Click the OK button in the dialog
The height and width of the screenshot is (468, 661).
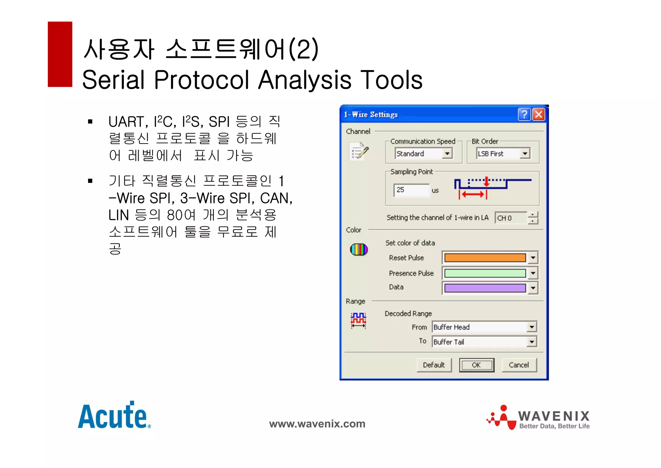pyautogui.click(x=476, y=365)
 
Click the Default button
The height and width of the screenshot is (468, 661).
pyautogui.click(x=434, y=365)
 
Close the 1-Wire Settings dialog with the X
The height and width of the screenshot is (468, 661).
pyautogui.click(x=539, y=114)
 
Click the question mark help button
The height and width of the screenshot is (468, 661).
pyautogui.click(x=524, y=114)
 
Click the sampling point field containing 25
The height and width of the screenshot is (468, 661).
pyautogui.click(x=411, y=190)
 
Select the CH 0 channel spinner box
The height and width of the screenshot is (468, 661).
pyautogui.click(x=511, y=218)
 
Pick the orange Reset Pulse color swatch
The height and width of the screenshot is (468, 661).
pyautogui.click(x=485, y=258)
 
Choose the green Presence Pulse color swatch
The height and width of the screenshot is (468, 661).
pyautogui.click(x=485, y=273)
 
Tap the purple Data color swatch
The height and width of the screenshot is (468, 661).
pyautogui.click(x=485, y=288)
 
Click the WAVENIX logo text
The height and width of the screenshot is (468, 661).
pyautogui.click(x=554, y=416)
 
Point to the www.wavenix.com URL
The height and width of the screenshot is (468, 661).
pyautogui.click(x=317, y=424)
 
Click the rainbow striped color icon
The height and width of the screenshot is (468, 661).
pyautogui.click(x=359, y=250)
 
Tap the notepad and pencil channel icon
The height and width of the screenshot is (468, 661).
pyautogui.click(x=359, y=151)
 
